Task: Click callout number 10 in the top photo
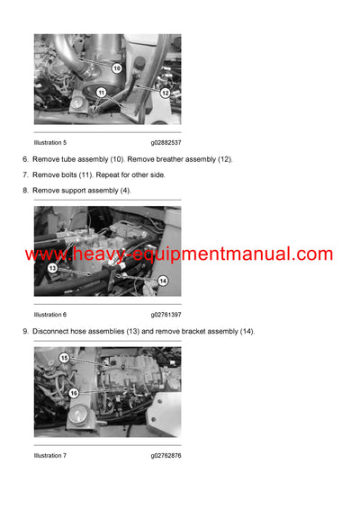coord(117,67)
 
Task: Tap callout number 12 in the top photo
coord(166,93)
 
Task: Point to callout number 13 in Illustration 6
coord(52,268)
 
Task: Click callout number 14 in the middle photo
coord(163,281)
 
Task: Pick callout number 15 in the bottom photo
coord(64,358)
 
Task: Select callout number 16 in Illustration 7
coord(74,393)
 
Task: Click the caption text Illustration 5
coord(50,142)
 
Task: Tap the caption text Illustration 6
coord(50,315)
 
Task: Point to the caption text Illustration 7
coord(50,455)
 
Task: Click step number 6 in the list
coord(25,159)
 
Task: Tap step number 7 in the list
coord(25,174)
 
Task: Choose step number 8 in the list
coord(25,191)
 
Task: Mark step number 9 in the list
coord(25,332)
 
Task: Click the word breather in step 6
coord(171,159)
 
